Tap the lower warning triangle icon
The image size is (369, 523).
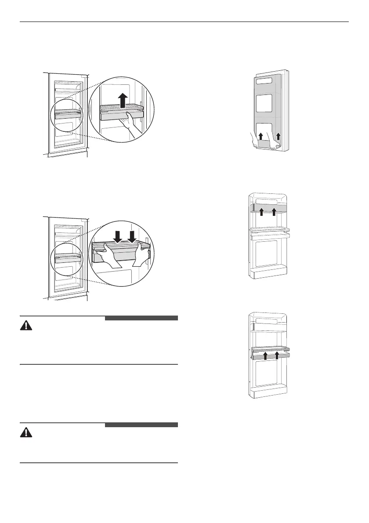click(27, 433)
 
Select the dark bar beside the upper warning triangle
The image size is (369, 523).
click(141, 318)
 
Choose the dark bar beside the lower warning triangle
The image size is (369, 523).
click(141, 425)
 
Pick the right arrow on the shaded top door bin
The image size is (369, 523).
click(274, 213)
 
